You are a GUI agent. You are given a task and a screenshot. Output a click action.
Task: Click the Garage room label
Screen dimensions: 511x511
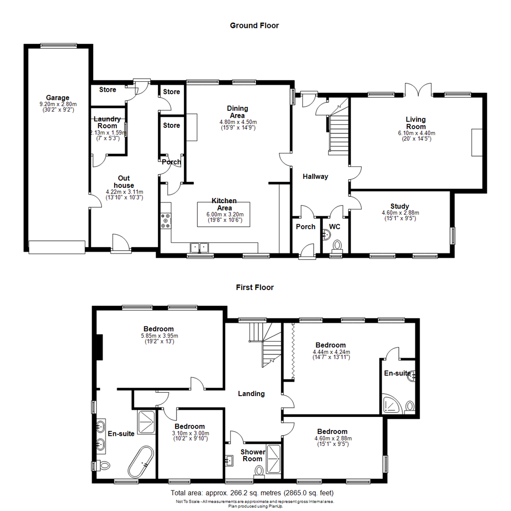(58, 98)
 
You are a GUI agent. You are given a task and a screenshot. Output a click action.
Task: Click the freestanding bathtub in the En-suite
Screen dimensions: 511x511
(141, 462)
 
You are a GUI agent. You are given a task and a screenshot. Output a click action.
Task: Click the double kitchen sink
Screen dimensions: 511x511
(200, 247)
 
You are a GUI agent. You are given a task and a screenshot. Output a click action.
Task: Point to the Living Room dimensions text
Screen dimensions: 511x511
(415, 136)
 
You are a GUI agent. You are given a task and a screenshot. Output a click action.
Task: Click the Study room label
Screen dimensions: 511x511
(400, 206)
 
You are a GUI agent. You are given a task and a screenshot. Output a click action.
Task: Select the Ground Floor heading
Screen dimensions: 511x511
(254, 26)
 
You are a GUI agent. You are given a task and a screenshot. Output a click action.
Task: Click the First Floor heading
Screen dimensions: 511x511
(255, 287)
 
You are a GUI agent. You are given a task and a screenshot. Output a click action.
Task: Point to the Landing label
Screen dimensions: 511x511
(251, 394)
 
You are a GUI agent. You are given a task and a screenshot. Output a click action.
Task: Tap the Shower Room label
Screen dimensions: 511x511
(253, 455)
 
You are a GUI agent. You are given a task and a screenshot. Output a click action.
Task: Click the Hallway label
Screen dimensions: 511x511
(316, 176)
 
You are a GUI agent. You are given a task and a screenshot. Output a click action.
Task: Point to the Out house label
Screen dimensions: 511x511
(124, 182)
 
